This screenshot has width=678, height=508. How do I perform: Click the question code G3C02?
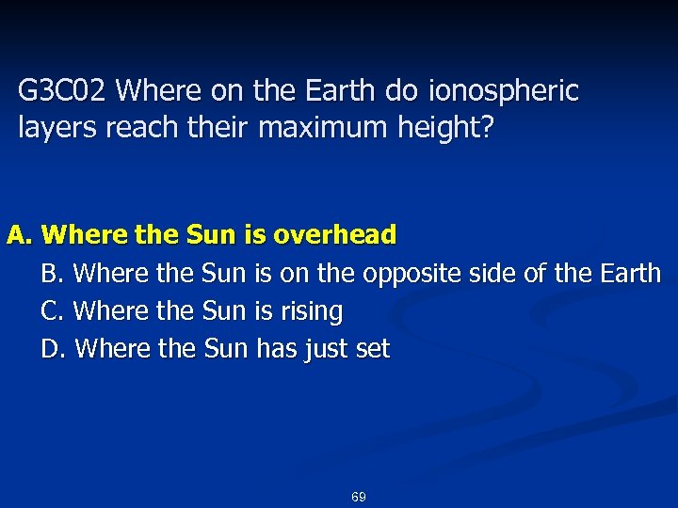tap(65, 92)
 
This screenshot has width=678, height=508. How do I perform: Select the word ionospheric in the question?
tap(504, 92)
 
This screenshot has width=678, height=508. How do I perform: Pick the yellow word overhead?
tap(337, 235)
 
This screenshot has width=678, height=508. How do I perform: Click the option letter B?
tap(53, 274)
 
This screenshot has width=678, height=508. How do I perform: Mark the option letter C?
tap(53, 311)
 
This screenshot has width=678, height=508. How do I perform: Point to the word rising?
tap(313, 311)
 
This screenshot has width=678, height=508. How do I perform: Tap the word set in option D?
tap(373, 349)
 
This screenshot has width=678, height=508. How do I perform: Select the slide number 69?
tap(358, 497)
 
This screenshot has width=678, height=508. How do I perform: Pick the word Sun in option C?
tap(224, 311)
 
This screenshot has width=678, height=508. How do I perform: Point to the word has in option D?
tap(275, 349)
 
